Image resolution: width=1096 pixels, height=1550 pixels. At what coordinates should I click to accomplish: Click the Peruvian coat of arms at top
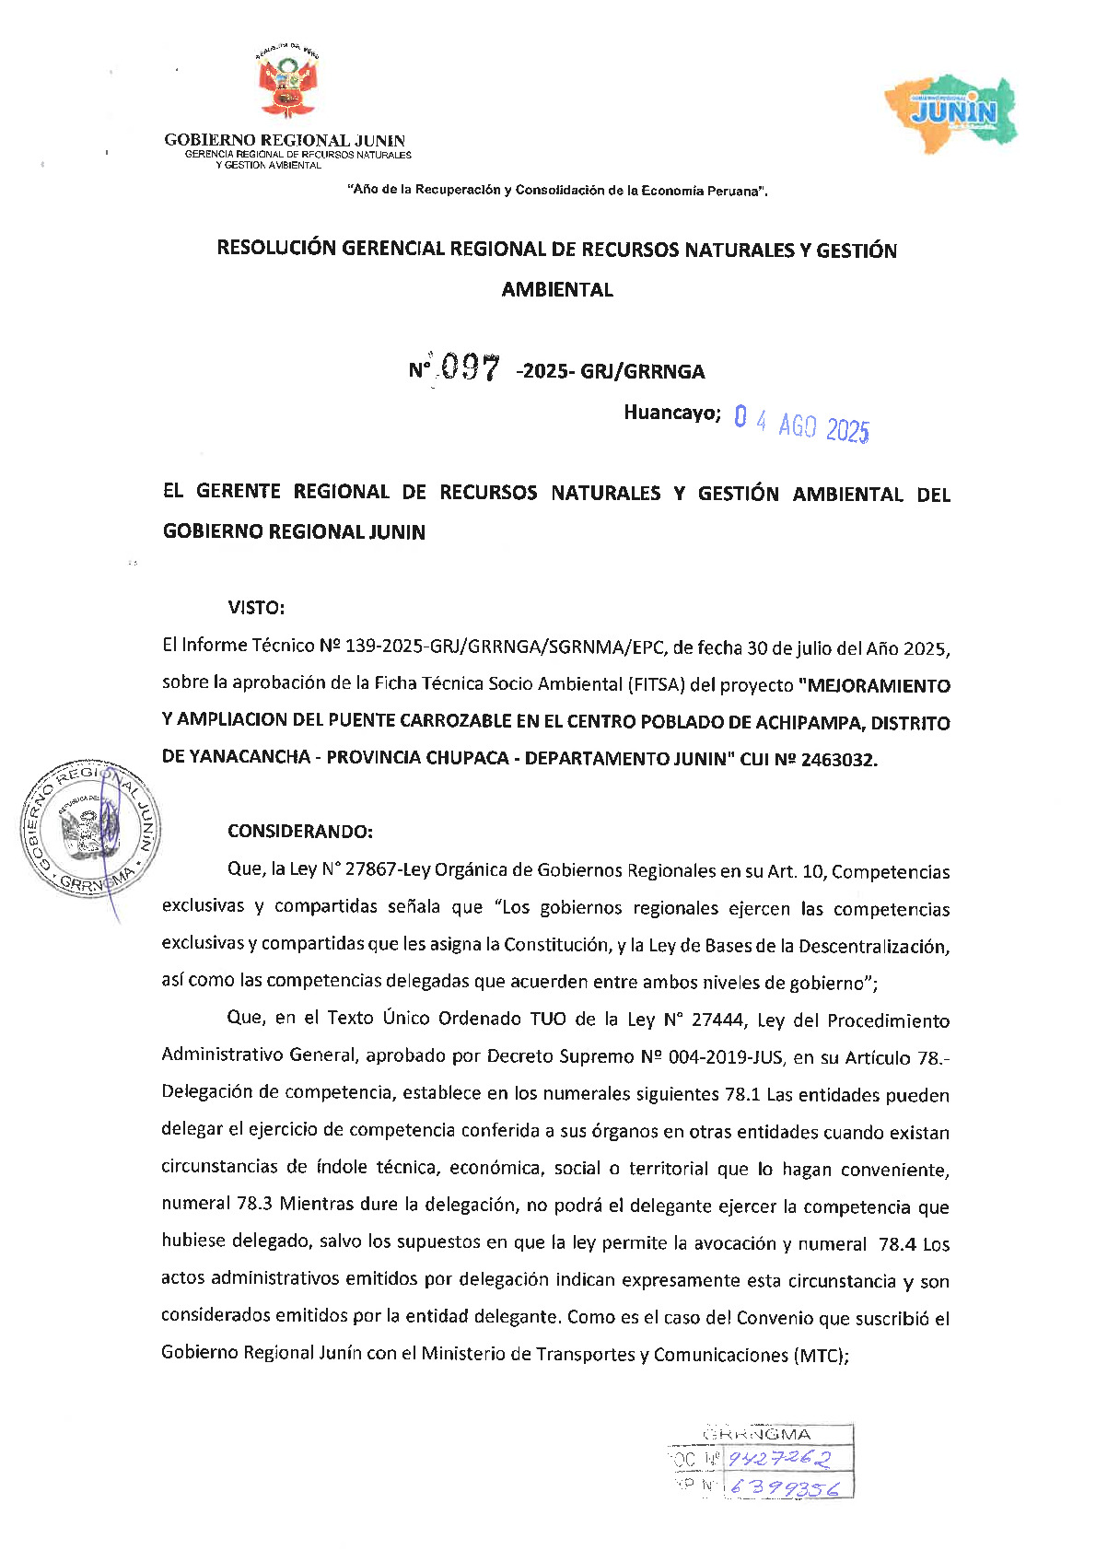click(x=287, y=85)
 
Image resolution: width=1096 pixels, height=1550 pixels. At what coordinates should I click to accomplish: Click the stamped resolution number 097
click(x=469, y=368)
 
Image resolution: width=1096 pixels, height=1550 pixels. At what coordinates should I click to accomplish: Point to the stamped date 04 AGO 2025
click(x=800, y=425)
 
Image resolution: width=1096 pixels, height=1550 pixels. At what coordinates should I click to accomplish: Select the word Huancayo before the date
click(x=671, y=413)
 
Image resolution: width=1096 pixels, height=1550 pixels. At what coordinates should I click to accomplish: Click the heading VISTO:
click(x=256, y=608)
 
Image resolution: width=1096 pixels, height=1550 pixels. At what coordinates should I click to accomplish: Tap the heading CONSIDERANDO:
click(x=300, y=832)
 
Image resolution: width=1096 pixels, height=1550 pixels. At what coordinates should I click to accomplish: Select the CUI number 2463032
click(x=839, y=760)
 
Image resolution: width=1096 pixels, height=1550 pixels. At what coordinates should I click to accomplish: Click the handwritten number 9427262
click(x=779, y=1459)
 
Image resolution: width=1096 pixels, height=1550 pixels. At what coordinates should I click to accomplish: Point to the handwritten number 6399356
click(x=783, y=1487)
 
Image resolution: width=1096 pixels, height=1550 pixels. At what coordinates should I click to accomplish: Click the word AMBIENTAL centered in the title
click(x=557, y=290)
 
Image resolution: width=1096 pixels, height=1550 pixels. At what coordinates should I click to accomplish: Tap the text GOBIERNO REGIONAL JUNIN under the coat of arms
click(x=285, y=141)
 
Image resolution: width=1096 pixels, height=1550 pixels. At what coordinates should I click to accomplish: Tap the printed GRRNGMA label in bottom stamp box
click(x=758, y=1434)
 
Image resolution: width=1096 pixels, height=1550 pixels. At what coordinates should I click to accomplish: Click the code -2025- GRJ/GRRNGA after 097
click(x=612, y=372)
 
